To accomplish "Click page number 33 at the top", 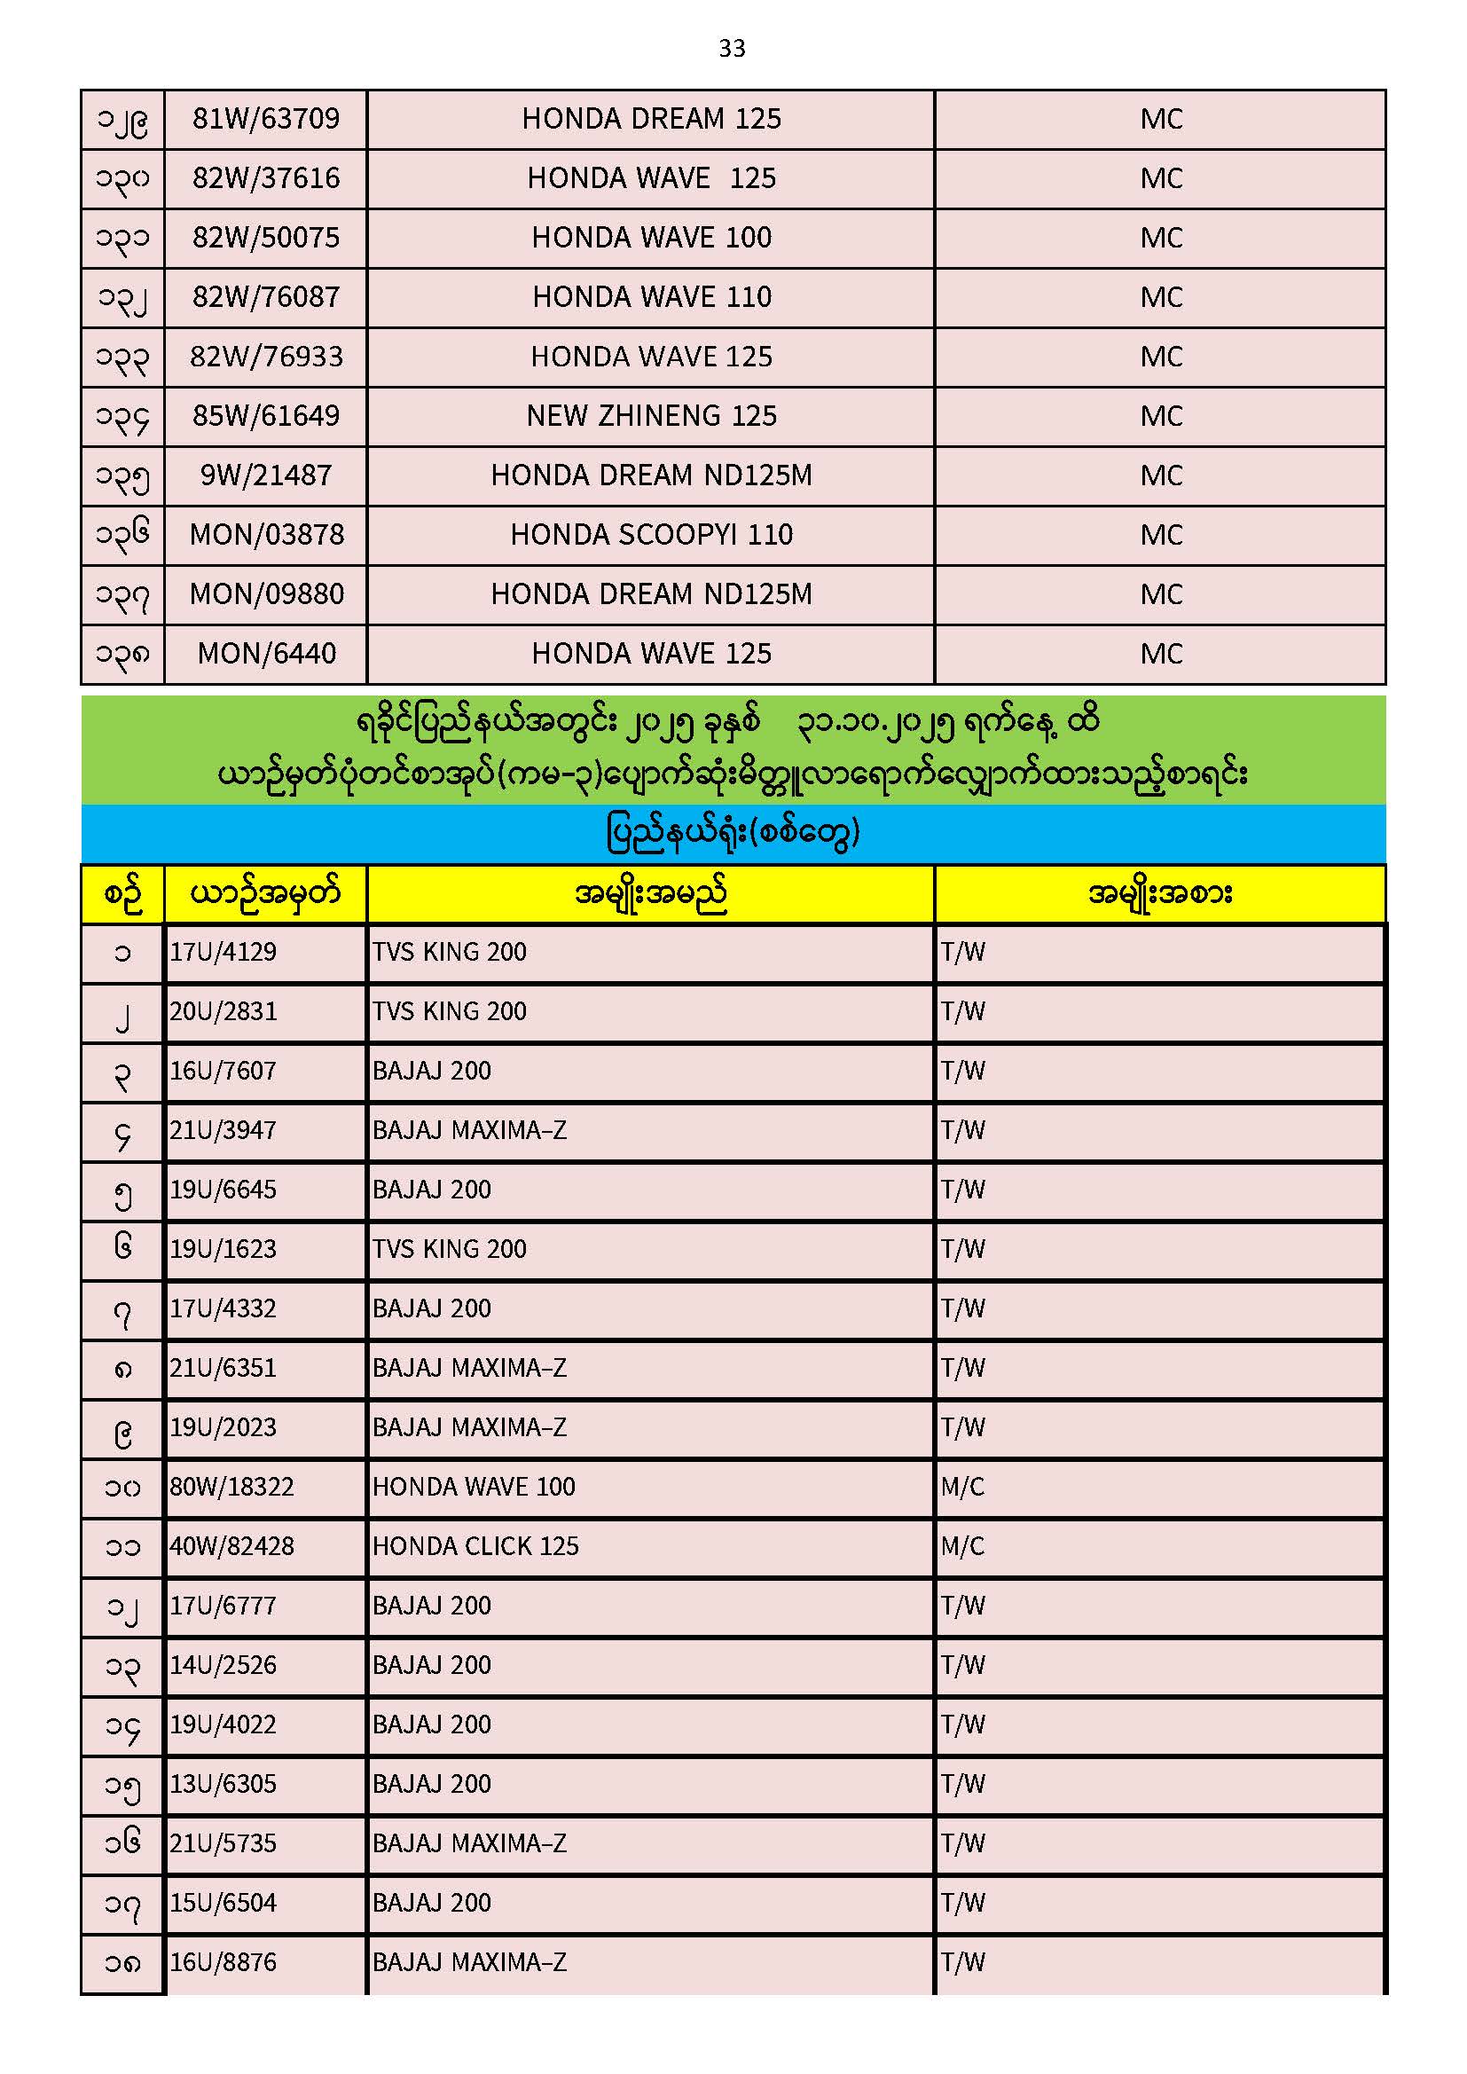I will tap(732, 48).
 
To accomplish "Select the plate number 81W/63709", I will tap(265, 118).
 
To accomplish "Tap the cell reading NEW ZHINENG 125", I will tap(651, 415).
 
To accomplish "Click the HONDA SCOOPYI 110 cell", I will tap(651, 535).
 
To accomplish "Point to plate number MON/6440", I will tap(266, 653).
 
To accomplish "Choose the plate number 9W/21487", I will tap(265, 475).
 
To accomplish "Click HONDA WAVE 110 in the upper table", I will tap(651, 296).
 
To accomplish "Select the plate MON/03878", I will tap(266, 535).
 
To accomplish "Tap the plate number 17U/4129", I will tap(224, 951).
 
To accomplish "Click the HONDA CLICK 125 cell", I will tap(475, 1545).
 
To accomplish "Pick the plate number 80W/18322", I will tap(232, 1486).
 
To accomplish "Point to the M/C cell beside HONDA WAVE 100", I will tap(962, 1486).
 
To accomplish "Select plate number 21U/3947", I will tap(224, 1129).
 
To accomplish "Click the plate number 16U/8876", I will tap(224, 1962).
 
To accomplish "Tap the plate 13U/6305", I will tap(224, 1783).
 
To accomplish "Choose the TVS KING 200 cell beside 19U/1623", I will tap(449, 1248).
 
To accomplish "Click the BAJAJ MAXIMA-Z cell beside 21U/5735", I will tap(469, 1842).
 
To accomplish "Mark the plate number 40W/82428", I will tap(232, 1545).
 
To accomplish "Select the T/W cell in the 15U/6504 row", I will tap(962, 1903).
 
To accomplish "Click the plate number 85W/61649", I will tap(265, 415).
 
